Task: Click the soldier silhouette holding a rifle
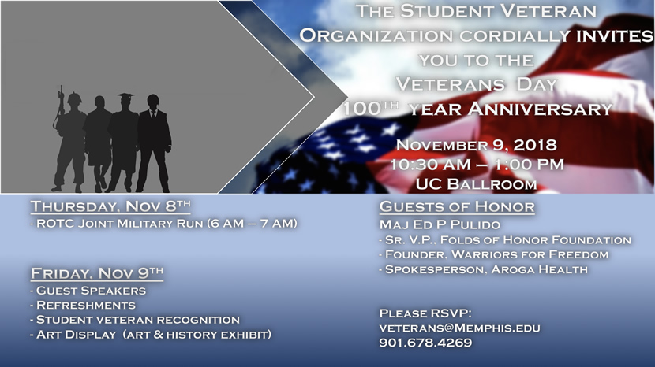(x=71, y=142)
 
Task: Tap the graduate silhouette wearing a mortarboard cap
(x=124, y=142)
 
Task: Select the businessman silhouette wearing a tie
(x=154, y=144)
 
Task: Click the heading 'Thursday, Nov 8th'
(x=110, y=206)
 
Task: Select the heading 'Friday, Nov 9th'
(x=97, y=273)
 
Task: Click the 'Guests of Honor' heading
(x=457, y=207)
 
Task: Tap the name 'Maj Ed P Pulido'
(x=440, y=224)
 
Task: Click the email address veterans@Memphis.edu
(x=459, y=328)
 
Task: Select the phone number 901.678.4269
(x=425, y=343)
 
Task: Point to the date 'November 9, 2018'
(x=476, y=145)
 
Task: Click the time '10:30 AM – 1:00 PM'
(x=477, y=165)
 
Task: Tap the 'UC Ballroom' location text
(x=476, y=184)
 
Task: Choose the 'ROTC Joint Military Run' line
(x=164, y=224)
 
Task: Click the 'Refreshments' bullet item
(x=83, y=306)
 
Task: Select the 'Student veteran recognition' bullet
(x=136, y=320)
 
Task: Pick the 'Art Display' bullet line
(x=152, y=335)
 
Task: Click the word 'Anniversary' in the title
(x=540, y=109)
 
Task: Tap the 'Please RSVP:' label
(x=425, y=313)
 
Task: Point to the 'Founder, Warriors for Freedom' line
(x=494, y=254)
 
